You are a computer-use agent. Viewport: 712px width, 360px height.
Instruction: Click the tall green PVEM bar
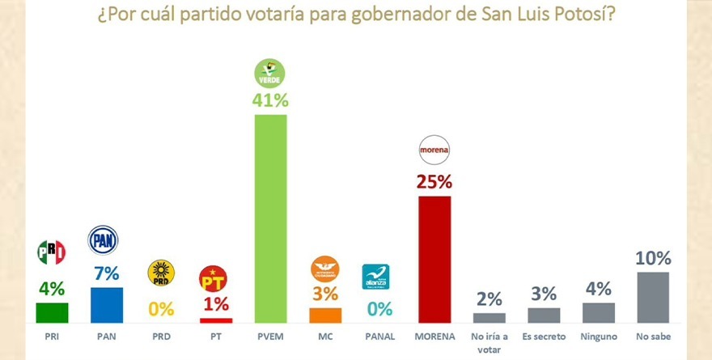point(270,218)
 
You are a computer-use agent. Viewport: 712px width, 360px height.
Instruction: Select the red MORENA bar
point(434,259)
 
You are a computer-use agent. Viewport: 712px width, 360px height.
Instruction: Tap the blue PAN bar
point(107,305)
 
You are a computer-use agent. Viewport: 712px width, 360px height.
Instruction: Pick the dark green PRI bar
point(53,312)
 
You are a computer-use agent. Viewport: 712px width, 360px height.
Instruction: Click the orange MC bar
point(325,315)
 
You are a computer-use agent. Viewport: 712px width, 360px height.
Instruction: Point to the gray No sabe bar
point(653,297)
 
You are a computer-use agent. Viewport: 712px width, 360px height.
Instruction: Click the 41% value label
point(270,100)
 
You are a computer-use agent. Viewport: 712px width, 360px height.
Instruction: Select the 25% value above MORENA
point(434,181)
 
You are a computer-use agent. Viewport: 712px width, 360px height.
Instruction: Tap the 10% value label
point(653,259)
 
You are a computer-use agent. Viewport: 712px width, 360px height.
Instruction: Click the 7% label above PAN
point(107,273)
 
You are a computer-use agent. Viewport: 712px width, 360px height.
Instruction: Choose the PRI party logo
point(52,253)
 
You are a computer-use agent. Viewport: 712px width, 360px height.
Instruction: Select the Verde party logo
point(270,73)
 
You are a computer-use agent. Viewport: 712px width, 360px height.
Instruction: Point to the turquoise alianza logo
point(375,276)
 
